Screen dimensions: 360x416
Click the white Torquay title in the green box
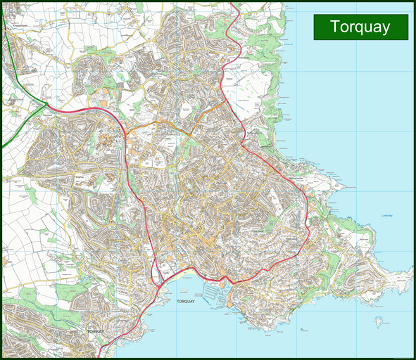coord(360,27)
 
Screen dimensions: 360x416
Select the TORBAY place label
coord(94,330)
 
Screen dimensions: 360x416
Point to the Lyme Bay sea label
coord(389,215)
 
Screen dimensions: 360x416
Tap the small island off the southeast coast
coord(380,321)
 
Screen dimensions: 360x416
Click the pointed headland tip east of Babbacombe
coord(344,188)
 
